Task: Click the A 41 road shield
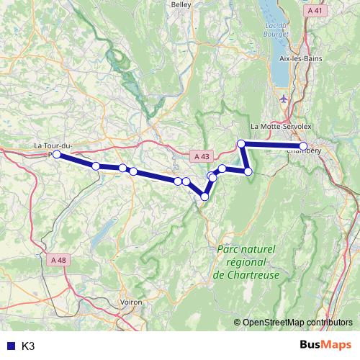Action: pos(315,11)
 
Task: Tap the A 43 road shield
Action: pos(202,156)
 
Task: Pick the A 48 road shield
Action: pos(60,260)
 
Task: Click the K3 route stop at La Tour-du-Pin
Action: pos(57,154)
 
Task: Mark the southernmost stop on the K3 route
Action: pos(204,197)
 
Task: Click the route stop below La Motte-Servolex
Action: pos(242,144)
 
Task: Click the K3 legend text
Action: pos(29,346)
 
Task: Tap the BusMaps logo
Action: pos(325,345)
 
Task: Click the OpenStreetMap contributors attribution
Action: pos(297,322)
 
